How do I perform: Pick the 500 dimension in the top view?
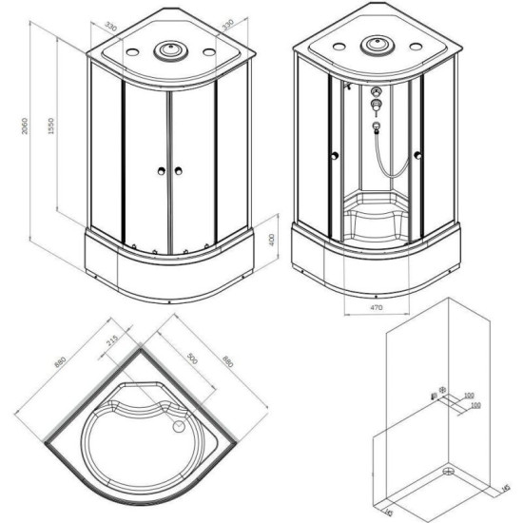pyautogui.click(x=195, y=362)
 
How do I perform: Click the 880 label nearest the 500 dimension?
pyautogui.click(x=226, y=362)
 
